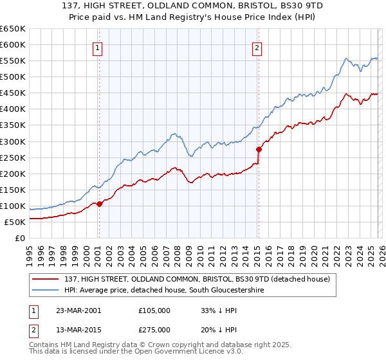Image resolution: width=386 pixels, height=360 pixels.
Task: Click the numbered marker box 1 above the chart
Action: point(98,47)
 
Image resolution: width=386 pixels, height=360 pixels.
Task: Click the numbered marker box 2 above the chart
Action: point(257,47)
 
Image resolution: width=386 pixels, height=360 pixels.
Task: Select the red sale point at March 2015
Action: point(259,149)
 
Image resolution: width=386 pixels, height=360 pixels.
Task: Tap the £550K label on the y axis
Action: point(12,61)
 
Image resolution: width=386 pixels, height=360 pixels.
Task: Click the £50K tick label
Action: point(15,222)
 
